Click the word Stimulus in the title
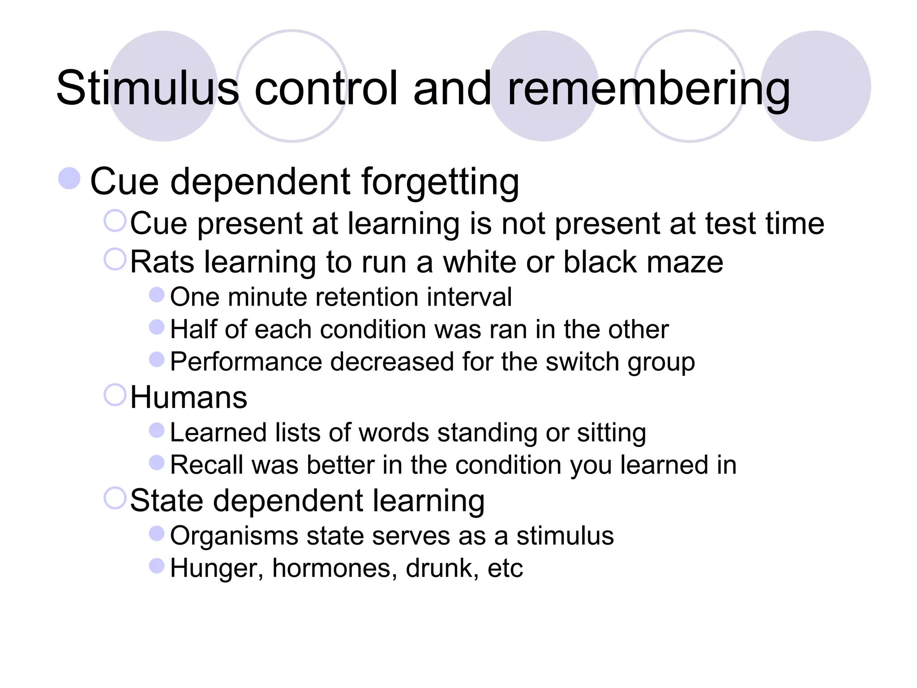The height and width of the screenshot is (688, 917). pyautogui.click(x=147, y=88)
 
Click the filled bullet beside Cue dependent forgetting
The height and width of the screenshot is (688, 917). pyautogui.click(x=69, y=178)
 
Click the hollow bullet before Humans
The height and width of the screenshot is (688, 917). pyautogui.click(x=115, y=395)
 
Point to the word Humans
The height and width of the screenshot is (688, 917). pyautogui.click(x=189, y=397)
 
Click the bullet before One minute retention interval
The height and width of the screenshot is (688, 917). pyautogui.click(x=156, y=295)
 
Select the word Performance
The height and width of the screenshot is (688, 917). pyautogui.click(x=246, y=362)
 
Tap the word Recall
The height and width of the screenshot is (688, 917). pyautogui.click(x=207, y=465)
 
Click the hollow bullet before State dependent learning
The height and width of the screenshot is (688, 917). pyautogui.click(x=115, y=498)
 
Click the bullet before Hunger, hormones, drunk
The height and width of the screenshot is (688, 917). pyautogui.click(x=156, y=566)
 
